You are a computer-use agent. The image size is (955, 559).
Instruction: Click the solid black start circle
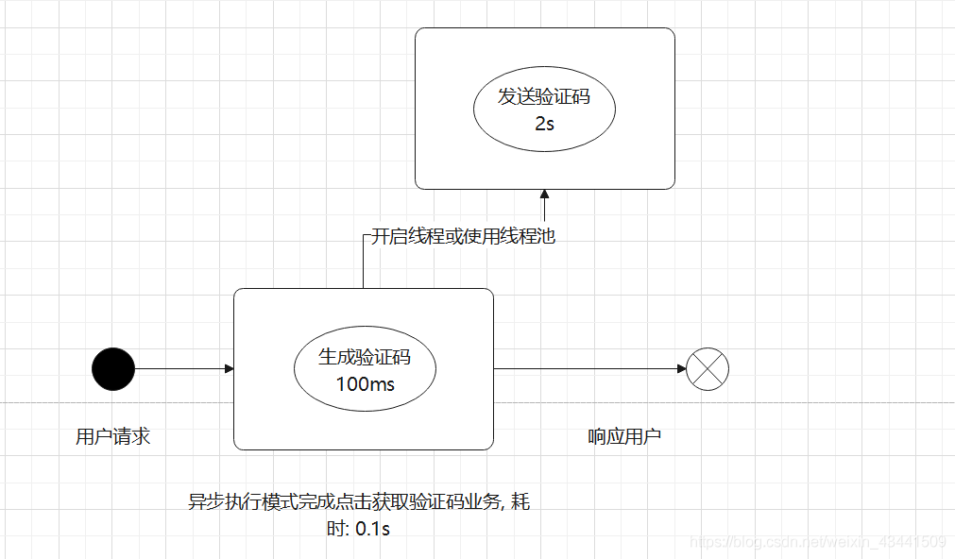[113, 368]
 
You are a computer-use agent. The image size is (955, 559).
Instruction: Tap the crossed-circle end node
[708, 368]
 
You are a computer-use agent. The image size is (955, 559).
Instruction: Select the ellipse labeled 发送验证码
[544, 110]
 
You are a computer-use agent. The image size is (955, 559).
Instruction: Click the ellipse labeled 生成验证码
[365, 369]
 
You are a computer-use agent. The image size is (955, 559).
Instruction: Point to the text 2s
[544, 123]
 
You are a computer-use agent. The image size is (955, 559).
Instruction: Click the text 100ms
[365, 384]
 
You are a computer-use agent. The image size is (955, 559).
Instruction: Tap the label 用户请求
[112, 436]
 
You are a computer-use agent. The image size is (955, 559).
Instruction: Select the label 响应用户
[624, 436]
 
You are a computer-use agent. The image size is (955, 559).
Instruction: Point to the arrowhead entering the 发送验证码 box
[544, 195]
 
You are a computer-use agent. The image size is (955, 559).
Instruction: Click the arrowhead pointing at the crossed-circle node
[681, 368]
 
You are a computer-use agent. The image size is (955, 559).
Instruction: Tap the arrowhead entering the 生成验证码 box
[229, 368]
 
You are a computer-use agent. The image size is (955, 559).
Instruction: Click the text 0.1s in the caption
[372, 529]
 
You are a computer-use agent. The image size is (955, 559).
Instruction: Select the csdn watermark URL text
[817, 542]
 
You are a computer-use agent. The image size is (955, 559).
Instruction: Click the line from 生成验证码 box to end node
[586, 368]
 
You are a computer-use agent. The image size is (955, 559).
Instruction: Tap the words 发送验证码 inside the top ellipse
[544, 95]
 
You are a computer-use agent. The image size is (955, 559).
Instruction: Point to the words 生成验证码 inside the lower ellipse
[365, 357]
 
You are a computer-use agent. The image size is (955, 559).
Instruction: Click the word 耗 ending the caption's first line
[520, 501]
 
